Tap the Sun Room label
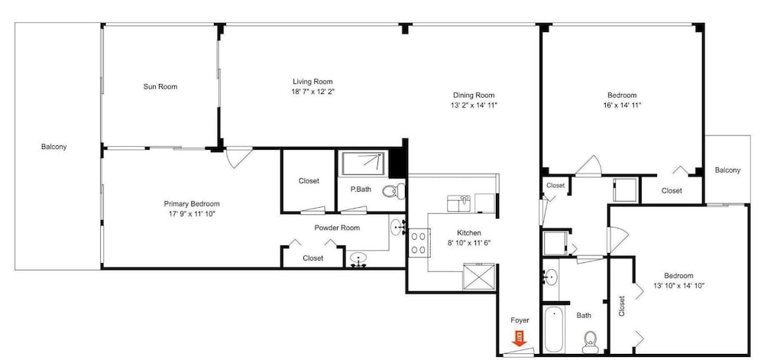point(160,86)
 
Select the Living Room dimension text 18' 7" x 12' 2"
point(312,91)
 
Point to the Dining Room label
point(474,96)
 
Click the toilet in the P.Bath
point(393,191)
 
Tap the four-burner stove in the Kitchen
point(418,242)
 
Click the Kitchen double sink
point(458,203)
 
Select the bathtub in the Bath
point(553,329)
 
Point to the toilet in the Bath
point(590,342)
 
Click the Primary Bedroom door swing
point(238,157)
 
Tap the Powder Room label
point(337,228)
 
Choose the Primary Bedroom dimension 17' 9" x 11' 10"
point(192,213)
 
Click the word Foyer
point(520,320)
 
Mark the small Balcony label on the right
point(727,170)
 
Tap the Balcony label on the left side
point(53,147)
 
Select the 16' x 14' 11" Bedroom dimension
point(622,105)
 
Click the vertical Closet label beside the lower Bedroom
point(622,306)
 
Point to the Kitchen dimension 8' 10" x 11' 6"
point(469,242)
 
